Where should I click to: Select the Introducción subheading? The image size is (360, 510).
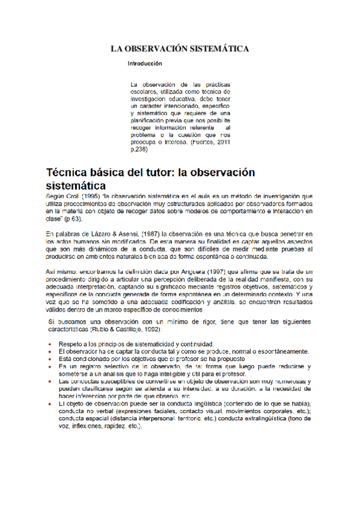[x=145, y=63]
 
